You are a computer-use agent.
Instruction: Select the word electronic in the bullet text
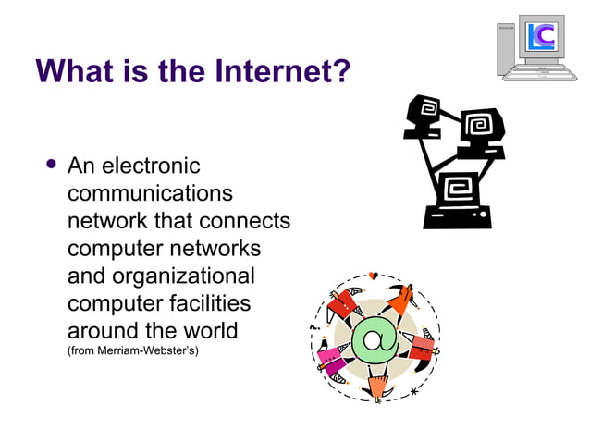click(149, 166)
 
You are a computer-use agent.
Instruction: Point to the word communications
click(150, 194)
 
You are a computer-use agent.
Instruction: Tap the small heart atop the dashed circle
click(373, 276)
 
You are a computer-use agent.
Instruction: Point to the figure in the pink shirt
click(330, 357)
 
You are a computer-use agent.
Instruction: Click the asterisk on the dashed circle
click(413, 392)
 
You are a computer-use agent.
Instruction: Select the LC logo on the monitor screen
click(541, 37)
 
